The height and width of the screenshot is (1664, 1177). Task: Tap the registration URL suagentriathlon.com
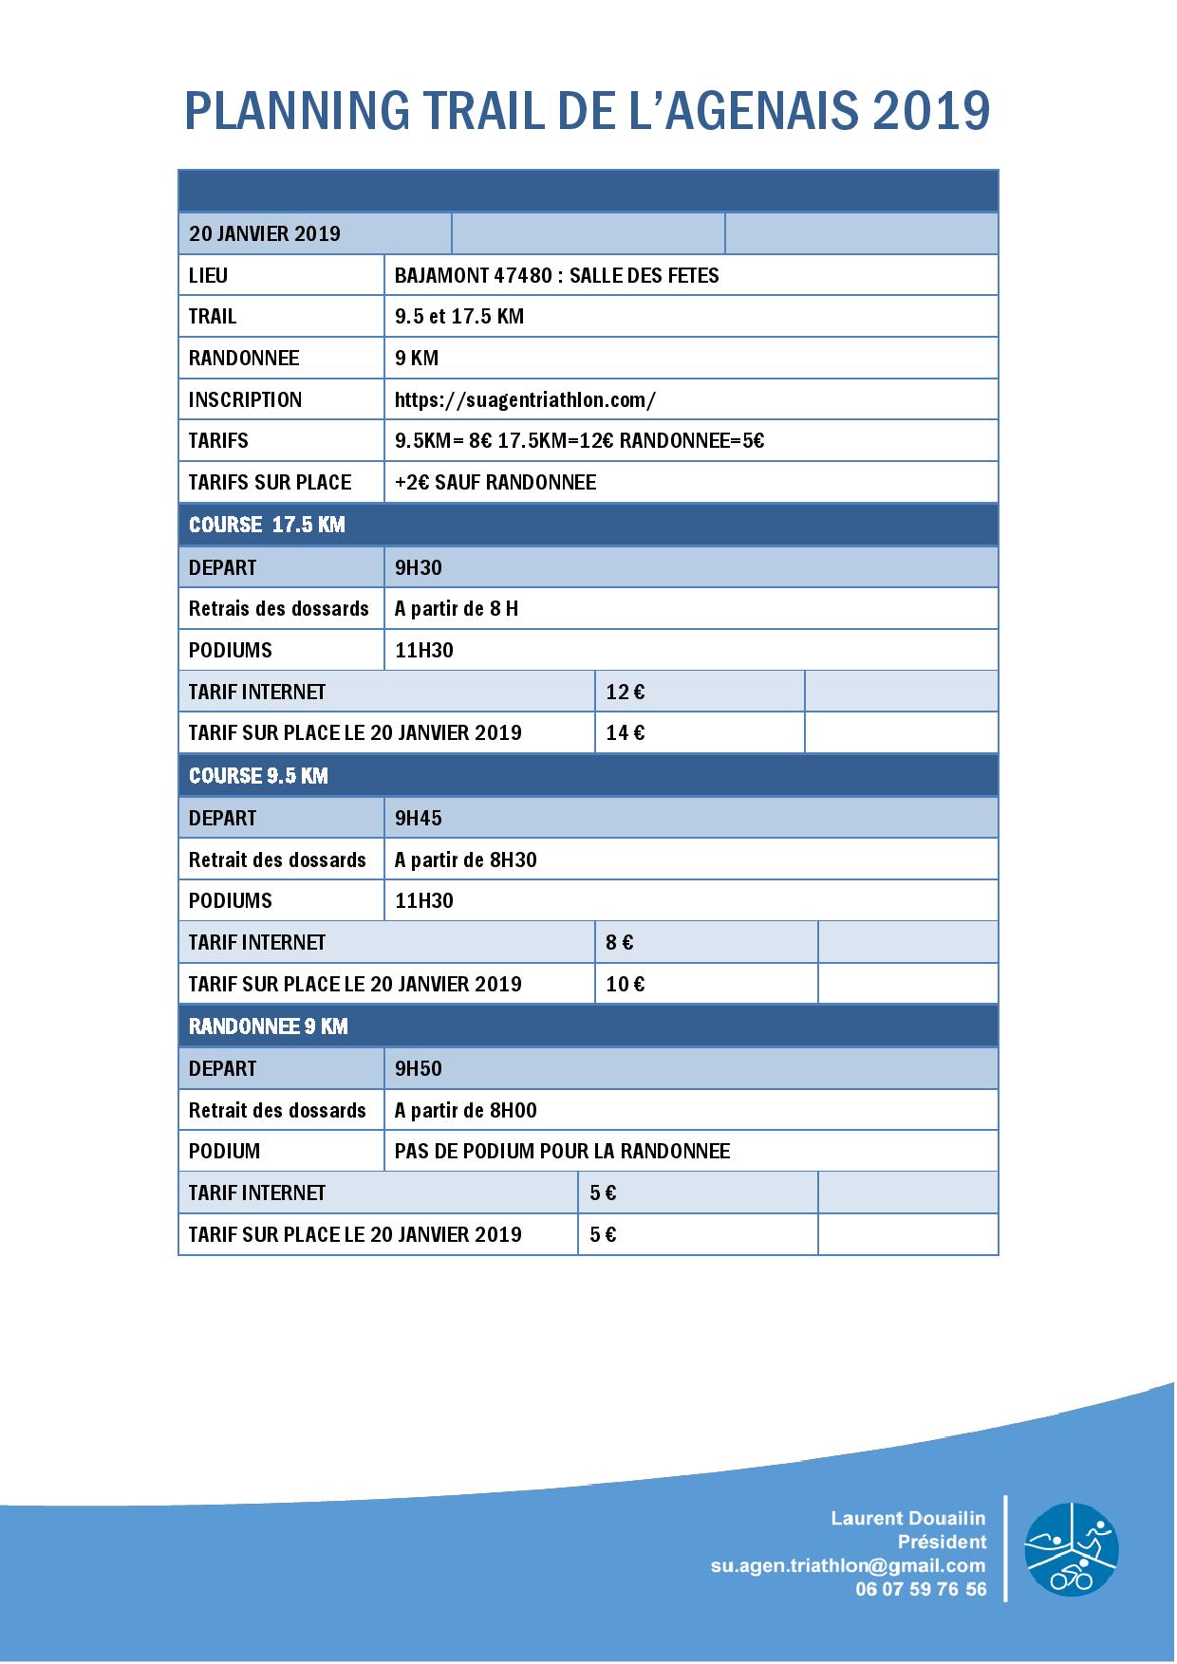525,399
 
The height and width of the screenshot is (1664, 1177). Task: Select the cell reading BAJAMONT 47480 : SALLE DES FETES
556,275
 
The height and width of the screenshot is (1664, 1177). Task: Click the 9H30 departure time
419,567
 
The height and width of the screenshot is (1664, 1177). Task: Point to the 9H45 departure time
419,818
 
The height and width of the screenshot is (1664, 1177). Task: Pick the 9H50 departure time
419,1068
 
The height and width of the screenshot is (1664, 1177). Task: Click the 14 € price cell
625,732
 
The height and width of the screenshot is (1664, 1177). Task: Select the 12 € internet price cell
625,692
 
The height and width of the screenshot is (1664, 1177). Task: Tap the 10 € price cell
625,984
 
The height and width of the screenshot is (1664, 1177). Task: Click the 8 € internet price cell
620,942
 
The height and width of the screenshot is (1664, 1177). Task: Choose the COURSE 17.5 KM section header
267,525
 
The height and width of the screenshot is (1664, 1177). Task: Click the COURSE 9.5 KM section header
258,775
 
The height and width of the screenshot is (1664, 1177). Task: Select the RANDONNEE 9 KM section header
269,1026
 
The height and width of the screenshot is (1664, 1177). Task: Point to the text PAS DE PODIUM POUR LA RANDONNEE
562,1151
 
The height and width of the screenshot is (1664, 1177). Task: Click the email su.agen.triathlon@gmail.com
848,1565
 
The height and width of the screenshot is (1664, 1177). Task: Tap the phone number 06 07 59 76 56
920,1589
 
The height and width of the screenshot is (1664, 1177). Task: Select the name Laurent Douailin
907,1519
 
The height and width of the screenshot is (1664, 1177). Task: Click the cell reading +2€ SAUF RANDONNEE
495,482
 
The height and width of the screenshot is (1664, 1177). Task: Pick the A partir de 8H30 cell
465,860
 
